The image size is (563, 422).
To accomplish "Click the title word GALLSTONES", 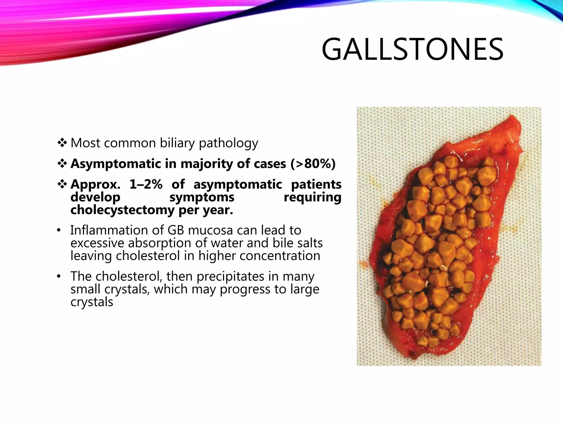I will [x=412, y=50].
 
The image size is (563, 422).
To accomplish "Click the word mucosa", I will [x=210, y=230].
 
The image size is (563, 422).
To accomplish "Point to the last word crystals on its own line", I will [x=92, y=302].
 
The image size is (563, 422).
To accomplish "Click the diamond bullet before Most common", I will [x=62, y=143].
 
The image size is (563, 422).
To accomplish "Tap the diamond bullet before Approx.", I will [x=62, y=184].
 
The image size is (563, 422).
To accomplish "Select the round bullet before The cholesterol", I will [x=59, y=276].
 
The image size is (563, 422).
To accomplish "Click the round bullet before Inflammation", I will [x=59, y=230].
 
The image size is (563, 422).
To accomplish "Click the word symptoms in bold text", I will [x=202, y=197].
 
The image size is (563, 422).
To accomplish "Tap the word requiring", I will [x=312, y=197].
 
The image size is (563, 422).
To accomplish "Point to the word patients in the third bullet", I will [x=316, y=184].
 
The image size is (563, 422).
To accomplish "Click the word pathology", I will [x=228, y=143].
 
